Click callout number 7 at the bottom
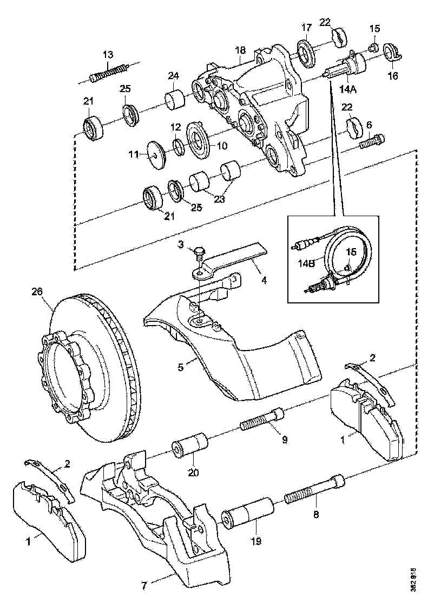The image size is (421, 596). [144, 585]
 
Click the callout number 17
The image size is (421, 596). [306, 27]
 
